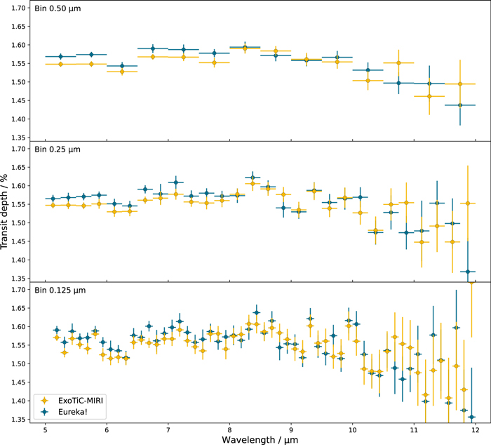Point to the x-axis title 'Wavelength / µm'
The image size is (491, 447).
coord(260,440)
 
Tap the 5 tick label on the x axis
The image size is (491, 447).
coord(46,429)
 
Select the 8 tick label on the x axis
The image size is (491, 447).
coord(229,429)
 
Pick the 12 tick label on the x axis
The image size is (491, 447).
coord(475,429)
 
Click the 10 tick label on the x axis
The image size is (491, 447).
coord(352,429)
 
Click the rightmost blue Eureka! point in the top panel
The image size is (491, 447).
coord(460,105)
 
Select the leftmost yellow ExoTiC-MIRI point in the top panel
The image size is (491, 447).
coord(61,64)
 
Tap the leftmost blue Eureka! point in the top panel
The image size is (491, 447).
coord(61,56)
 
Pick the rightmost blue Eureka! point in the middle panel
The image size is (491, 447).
coord(468,272)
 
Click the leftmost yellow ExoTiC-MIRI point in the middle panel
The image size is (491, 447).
coord(53,205)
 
